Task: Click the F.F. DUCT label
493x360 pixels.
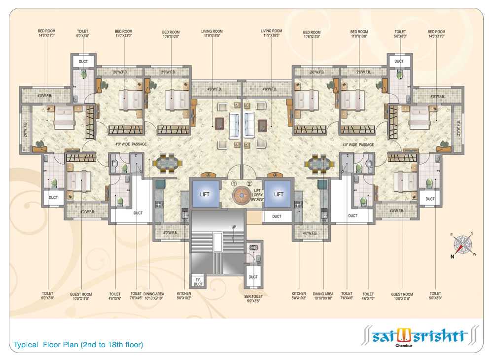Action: (x=198, y=282)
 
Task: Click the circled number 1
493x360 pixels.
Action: (x=235, y=184)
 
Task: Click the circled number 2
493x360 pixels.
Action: (x=249, y=184)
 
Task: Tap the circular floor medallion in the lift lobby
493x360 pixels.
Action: (x=242, y=194)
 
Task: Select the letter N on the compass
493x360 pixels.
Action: (x=452, y=256)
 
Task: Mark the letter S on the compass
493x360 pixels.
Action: (x=471, y=233)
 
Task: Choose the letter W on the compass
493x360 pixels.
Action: (x=474, y=254)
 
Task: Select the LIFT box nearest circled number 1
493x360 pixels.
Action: (x=205, y=194)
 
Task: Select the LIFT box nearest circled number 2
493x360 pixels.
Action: (x=279, y=194)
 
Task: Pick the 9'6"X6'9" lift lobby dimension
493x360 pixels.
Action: (x=257, y=200)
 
